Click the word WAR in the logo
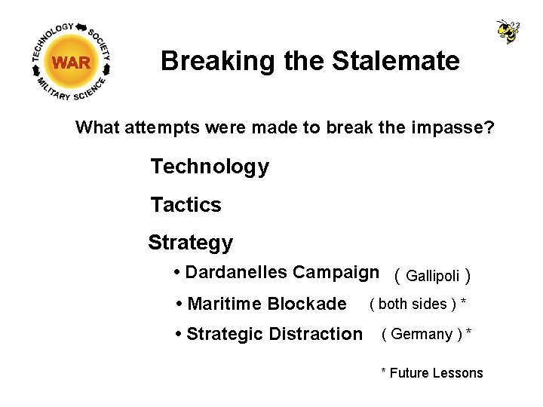[x=72, y=63]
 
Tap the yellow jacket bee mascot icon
[x=508, y=32]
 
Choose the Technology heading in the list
[x=210, y=167]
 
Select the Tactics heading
[x=186, y=204]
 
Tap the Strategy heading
[x=190, y=243]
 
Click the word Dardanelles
[x=236, y=272]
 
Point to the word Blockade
[x=305, y=304]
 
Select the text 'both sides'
[x=412, y=304]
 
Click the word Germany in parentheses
[x=422, y=334]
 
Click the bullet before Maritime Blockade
[x=179, y=304]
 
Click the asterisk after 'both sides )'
[x=463, y=302]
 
